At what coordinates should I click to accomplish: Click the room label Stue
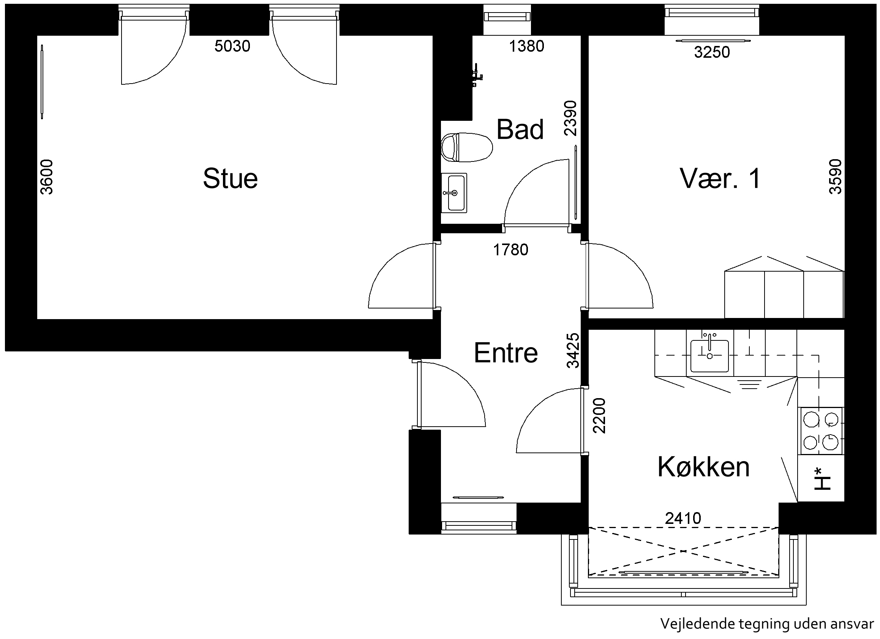click(x=231, y=179)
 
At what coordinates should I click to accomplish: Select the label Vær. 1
click(x=720, y=179)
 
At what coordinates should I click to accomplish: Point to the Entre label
click(x=506, y=353)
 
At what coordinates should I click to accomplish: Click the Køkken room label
click(x=703, y=467)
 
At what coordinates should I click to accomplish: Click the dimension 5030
click(x=232, y=46)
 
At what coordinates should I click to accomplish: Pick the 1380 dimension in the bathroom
click(x=526, y=46)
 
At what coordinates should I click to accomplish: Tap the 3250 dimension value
click(x=712, y=52)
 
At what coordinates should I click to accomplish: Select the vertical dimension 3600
click(x=47, y=177)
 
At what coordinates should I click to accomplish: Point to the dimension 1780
click(x=510, y=250)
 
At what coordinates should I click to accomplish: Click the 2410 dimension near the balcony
click(x=683, y=518)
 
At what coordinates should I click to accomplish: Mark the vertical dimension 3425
click(x=573, y=350)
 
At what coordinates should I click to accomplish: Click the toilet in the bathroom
click(x=467, y=147)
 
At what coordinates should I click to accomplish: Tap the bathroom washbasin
click(x=454, y=193)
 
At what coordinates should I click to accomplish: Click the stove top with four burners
click(x=821, y=431)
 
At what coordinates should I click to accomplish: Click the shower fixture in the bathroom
click(x=477, y=75)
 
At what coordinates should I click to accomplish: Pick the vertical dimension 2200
click(x=599, y=415)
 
